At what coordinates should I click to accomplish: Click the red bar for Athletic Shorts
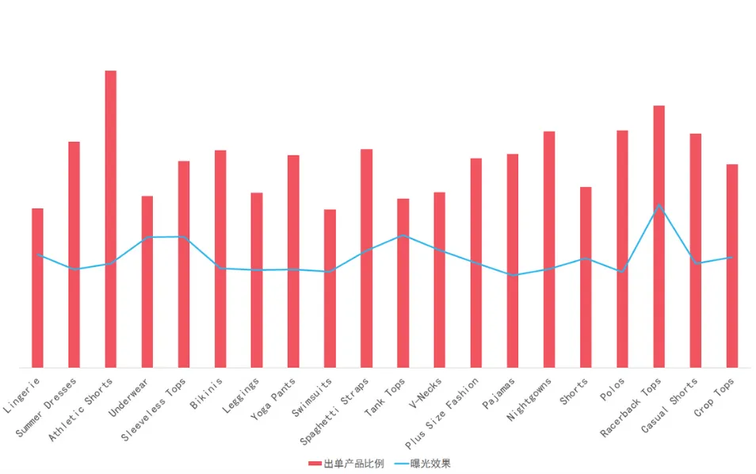pyautogui.click(x=110, y=219)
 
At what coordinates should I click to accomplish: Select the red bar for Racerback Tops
pyautogui.click(x=659, y=237)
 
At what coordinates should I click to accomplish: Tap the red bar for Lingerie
pyautogui.click(x=37, y=288)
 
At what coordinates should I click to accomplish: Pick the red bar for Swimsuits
pyautogui.click(x=330, y=289)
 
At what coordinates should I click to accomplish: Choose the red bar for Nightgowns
pyautogui.click(x=548, y=250)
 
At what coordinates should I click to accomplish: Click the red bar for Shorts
pyautogui.click(x=586, y=277)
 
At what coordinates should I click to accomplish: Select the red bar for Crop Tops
pyautogui.click(x=732, y=266)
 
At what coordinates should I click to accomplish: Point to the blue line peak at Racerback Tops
pyautogui.click(x=659, y=205)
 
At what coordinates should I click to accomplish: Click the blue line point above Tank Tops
pyautogui.click(x=403, y=235)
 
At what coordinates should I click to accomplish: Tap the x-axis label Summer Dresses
pyautogui.click(x=46, y=407)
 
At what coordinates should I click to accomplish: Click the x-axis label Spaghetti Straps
pyautogui.click(x=334, y=411)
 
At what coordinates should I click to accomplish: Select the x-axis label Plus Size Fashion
pyautogui.click(x=441, y=413)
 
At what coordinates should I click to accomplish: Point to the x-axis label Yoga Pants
pyautogui.click(x=273, y=399)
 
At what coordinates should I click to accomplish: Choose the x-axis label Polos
pyautogui.click(x=613, y=389)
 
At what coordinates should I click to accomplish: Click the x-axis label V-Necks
pyautogui.click(x=426, y=393)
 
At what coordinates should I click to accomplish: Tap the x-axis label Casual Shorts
pyautogui.click(x=669, y=406)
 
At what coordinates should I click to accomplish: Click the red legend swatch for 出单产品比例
pyautogui.click(x=315, y=464)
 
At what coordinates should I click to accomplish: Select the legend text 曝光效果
pyautogui.click(x=430, y=464)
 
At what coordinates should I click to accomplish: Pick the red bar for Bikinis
pyautogui.click(x=220, y=259)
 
